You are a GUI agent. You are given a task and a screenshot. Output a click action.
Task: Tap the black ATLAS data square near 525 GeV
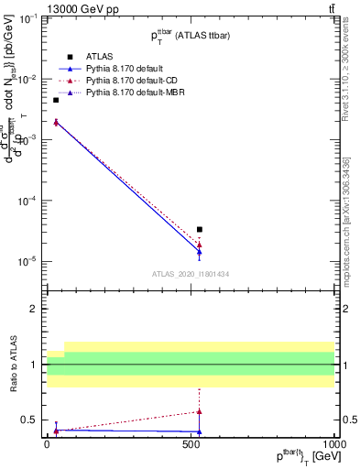pos(200,230)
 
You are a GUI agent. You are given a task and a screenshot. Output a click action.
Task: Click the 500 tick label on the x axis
pos(191,442)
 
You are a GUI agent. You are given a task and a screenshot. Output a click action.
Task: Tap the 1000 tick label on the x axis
pos(333,442)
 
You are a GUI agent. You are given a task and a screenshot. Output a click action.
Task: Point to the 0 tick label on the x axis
pos(48,442)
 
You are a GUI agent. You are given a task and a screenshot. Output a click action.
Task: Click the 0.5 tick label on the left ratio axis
pos(29,420)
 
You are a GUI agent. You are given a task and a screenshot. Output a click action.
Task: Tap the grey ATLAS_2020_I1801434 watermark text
pos(190,274)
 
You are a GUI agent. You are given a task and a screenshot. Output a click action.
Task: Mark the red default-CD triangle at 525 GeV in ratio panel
pos(200,411)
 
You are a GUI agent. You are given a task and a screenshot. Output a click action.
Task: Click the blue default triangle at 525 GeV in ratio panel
pos(200,431)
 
